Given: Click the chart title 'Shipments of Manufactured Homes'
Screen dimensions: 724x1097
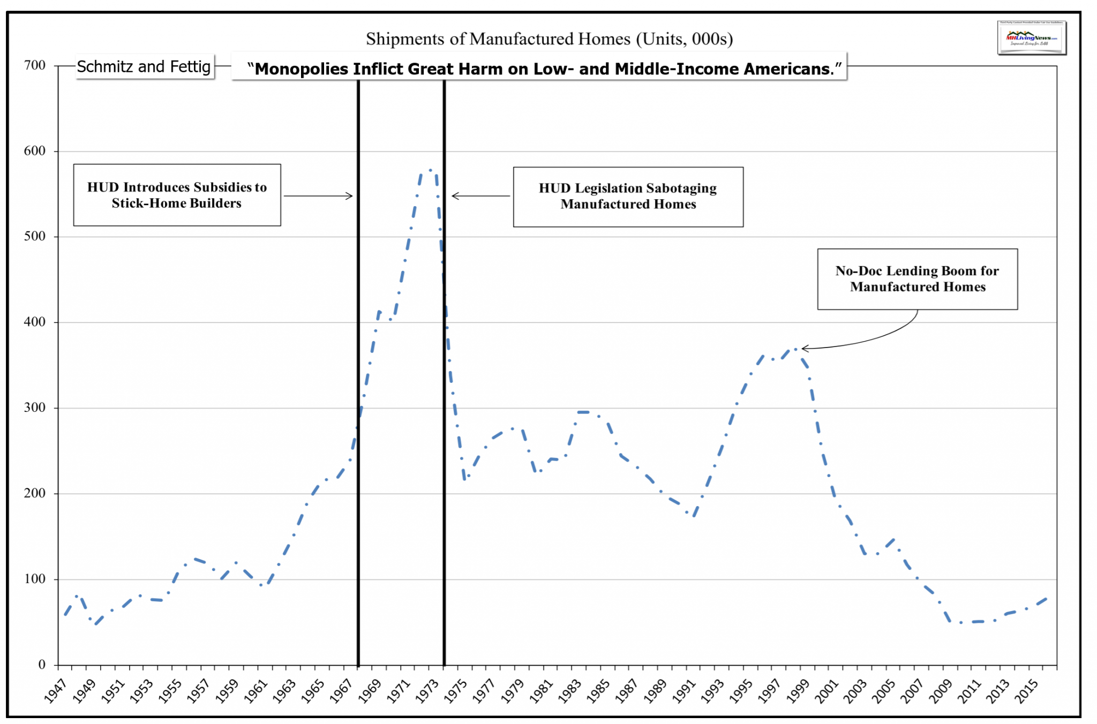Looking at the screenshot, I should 549,39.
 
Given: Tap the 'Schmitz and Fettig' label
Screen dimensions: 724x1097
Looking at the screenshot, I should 144,67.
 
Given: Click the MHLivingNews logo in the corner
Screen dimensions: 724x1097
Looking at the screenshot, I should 1031,38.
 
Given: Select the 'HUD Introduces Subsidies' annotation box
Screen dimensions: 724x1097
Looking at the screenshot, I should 177,195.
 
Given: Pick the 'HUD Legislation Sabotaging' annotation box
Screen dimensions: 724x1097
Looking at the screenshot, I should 628,197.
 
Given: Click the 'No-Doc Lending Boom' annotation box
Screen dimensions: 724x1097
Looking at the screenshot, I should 917,279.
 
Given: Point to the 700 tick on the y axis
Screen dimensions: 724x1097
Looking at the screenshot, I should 35,65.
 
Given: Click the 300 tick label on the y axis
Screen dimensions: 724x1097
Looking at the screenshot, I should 35,408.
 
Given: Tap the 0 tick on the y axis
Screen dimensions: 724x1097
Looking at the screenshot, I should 42,665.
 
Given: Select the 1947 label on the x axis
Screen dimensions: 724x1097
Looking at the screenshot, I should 55,690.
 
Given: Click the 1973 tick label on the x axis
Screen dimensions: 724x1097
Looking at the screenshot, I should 427,690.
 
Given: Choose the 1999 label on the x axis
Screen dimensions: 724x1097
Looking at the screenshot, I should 799,690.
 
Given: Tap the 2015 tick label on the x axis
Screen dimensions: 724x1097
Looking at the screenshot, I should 1027,690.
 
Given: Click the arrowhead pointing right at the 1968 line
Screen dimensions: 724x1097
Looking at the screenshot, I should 350,196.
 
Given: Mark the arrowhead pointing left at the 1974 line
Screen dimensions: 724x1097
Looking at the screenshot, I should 455,196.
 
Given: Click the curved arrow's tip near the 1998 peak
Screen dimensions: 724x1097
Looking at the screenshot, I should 803,349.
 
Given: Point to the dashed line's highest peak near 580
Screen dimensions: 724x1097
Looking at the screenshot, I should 430,170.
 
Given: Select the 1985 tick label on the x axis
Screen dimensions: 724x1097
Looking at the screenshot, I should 599,690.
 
